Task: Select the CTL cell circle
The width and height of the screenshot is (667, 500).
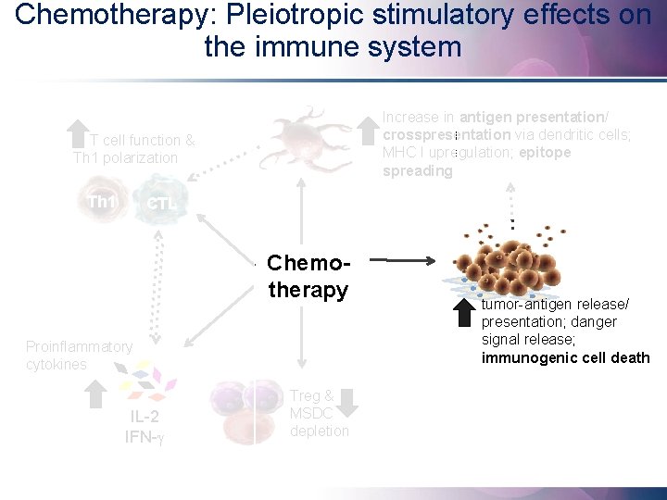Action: click(x=161, y=202)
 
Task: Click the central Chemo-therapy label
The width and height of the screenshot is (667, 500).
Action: click(x=308, y=277)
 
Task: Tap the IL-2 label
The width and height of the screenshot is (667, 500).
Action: click(x=145, y=416)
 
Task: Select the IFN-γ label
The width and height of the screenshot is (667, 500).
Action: click(x=145, y=435)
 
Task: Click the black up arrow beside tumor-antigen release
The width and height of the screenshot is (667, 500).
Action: click(x=463, y=312)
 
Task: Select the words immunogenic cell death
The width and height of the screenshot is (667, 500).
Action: click(x=565, y=358)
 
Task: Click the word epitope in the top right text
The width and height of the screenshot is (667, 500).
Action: click(x=545, y=153)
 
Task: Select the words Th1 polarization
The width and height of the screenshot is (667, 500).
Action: click(x=125, y=157)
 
